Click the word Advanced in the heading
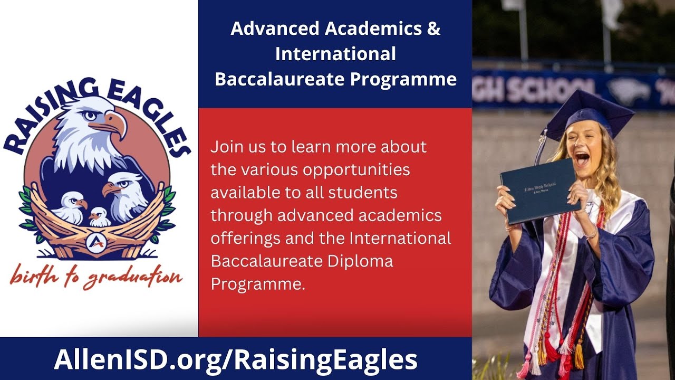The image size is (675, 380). [x=274, y=29]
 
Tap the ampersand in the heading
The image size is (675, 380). [x=433, y=29]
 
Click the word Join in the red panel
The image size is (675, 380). [x=227, y=146]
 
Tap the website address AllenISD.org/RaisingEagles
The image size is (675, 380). [x=236, y=359]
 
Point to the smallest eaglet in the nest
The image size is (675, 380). [x=99, y=216]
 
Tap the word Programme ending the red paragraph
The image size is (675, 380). [x=257, y=283]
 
